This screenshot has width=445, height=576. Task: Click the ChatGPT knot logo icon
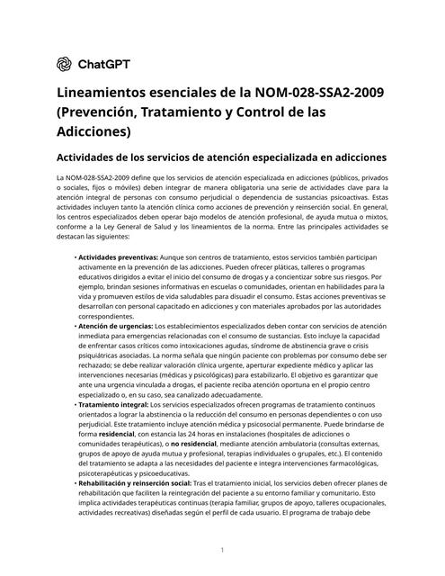coord(64,64)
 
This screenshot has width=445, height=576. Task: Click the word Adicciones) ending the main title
coord(94,131)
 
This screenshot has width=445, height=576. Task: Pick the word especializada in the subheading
coord(273,157)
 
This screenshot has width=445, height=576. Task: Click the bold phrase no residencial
coord(199,444)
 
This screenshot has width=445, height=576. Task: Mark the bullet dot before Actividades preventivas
coord(74,256)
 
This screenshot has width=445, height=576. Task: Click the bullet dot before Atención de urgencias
coord(74,325)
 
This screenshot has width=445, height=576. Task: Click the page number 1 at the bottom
coord(221,548)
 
